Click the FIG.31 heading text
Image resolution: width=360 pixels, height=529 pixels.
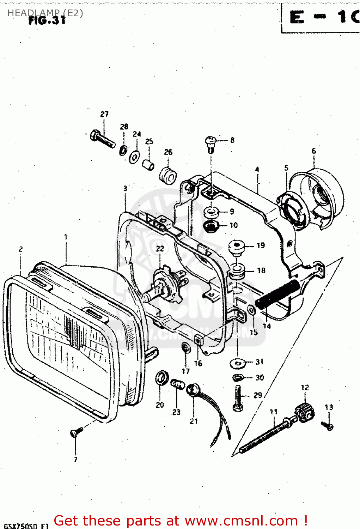[47, 20]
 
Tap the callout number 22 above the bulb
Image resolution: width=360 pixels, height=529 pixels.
[160, 249]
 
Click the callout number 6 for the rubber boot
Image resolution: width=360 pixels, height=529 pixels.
[314, 151]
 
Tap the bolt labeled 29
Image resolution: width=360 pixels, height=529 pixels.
[238, 399]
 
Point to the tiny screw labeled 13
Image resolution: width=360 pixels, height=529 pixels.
[328, 426]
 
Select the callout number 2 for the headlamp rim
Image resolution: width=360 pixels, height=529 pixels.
[21, 249]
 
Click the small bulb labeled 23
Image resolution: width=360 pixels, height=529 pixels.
[178, 384]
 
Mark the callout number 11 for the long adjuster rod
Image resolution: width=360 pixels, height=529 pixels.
[274, 412]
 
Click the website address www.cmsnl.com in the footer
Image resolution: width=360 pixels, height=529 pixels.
[241, 521]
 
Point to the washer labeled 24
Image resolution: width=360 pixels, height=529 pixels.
[134, 157]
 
